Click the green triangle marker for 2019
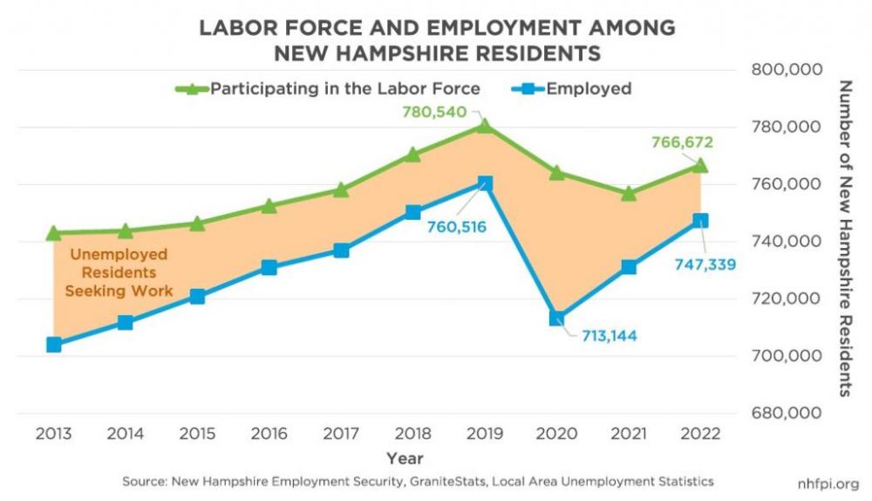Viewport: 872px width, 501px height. pyautogui.click(x=486, y=127)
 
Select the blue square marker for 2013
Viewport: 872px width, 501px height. pyautogui.click(x=53, y=344)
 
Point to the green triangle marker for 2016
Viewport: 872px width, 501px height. pyautogui.click(x=269, y=206)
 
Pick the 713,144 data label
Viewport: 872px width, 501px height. pyautogui.click(x=603, y=335)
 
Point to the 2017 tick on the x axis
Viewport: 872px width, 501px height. pyautogui.click(x=341, y=434)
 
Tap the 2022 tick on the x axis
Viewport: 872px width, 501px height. pyautogui.click(x=700, y=434)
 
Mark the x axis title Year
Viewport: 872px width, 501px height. pyautogui.click(x=405, y=457)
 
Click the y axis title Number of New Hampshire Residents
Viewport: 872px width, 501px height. pyautogui.click(x=843, y=238)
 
